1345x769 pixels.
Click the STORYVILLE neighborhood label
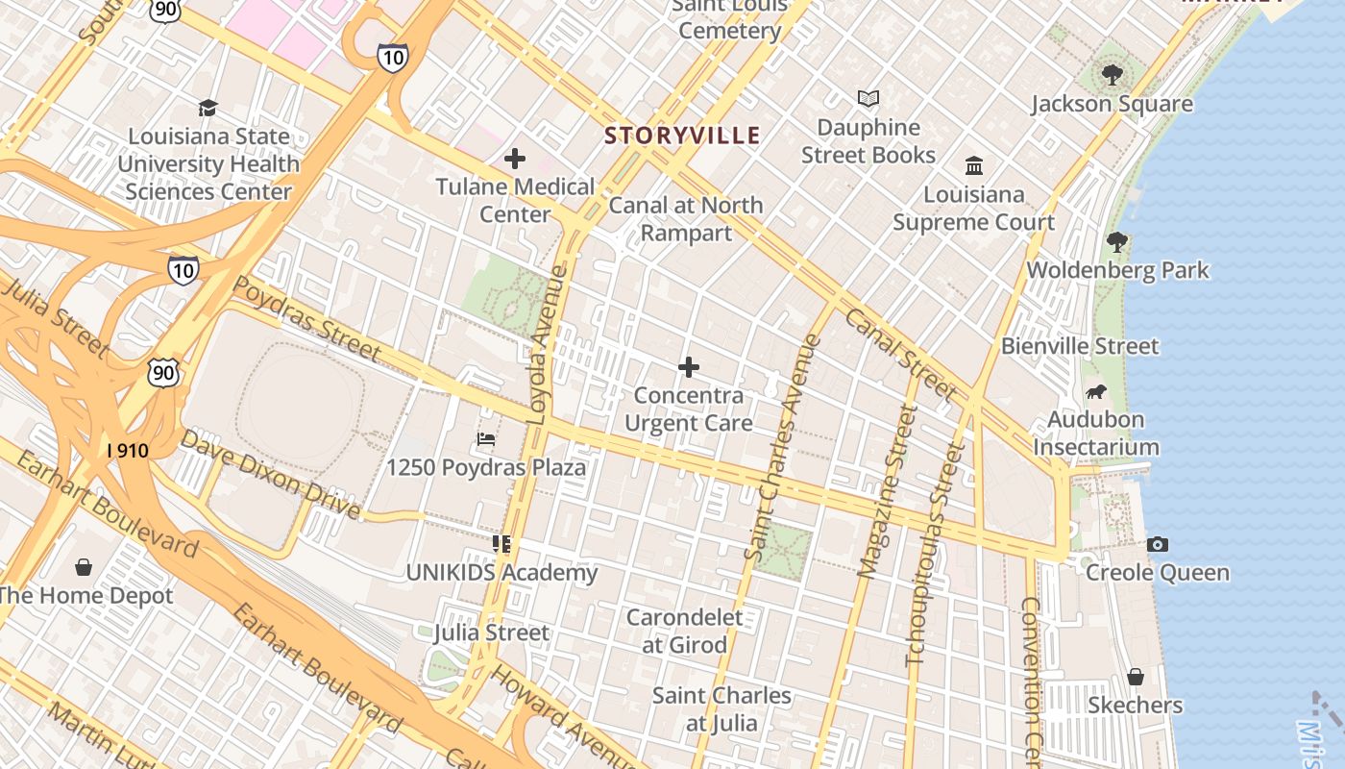point(682,136)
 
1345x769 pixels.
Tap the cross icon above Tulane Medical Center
point(515,159)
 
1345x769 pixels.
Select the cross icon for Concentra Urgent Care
point(688,367)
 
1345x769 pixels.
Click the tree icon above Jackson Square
point(1112,74)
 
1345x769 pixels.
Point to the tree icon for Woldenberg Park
point(1116,241)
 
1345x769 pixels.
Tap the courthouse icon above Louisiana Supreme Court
point(974,165)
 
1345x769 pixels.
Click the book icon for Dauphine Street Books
point(868,98)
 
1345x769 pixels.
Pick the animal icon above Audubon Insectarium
point(1095,391)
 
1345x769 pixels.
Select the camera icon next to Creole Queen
point(1158,545)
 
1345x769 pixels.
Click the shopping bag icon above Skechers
point(1136,677)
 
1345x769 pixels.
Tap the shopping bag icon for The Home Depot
point(84,567)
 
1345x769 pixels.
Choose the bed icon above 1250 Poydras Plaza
point(486,439)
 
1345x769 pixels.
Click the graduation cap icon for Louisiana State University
point(208,108)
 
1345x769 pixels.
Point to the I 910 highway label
point(127,450)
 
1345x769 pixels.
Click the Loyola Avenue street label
point(549,345)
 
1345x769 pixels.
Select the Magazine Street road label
point(887,491)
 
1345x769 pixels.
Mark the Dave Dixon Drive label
point(270,473)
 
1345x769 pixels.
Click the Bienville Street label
point(1080,346)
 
